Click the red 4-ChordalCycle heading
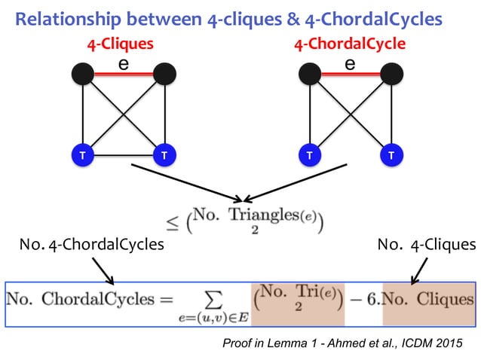point(349,44)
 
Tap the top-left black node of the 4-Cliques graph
point(82,74)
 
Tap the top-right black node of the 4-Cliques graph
point(164,74)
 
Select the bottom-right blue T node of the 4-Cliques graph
point(164,155)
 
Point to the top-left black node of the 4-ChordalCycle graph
point(308,74)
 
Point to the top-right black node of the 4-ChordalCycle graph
point(391,74)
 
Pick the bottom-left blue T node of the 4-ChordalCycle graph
point(308,155)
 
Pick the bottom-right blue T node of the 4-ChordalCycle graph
point(391,155)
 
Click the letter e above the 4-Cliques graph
point(122,64)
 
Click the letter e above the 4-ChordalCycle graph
point(349,64)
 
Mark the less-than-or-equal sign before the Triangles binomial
point(173,223)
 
